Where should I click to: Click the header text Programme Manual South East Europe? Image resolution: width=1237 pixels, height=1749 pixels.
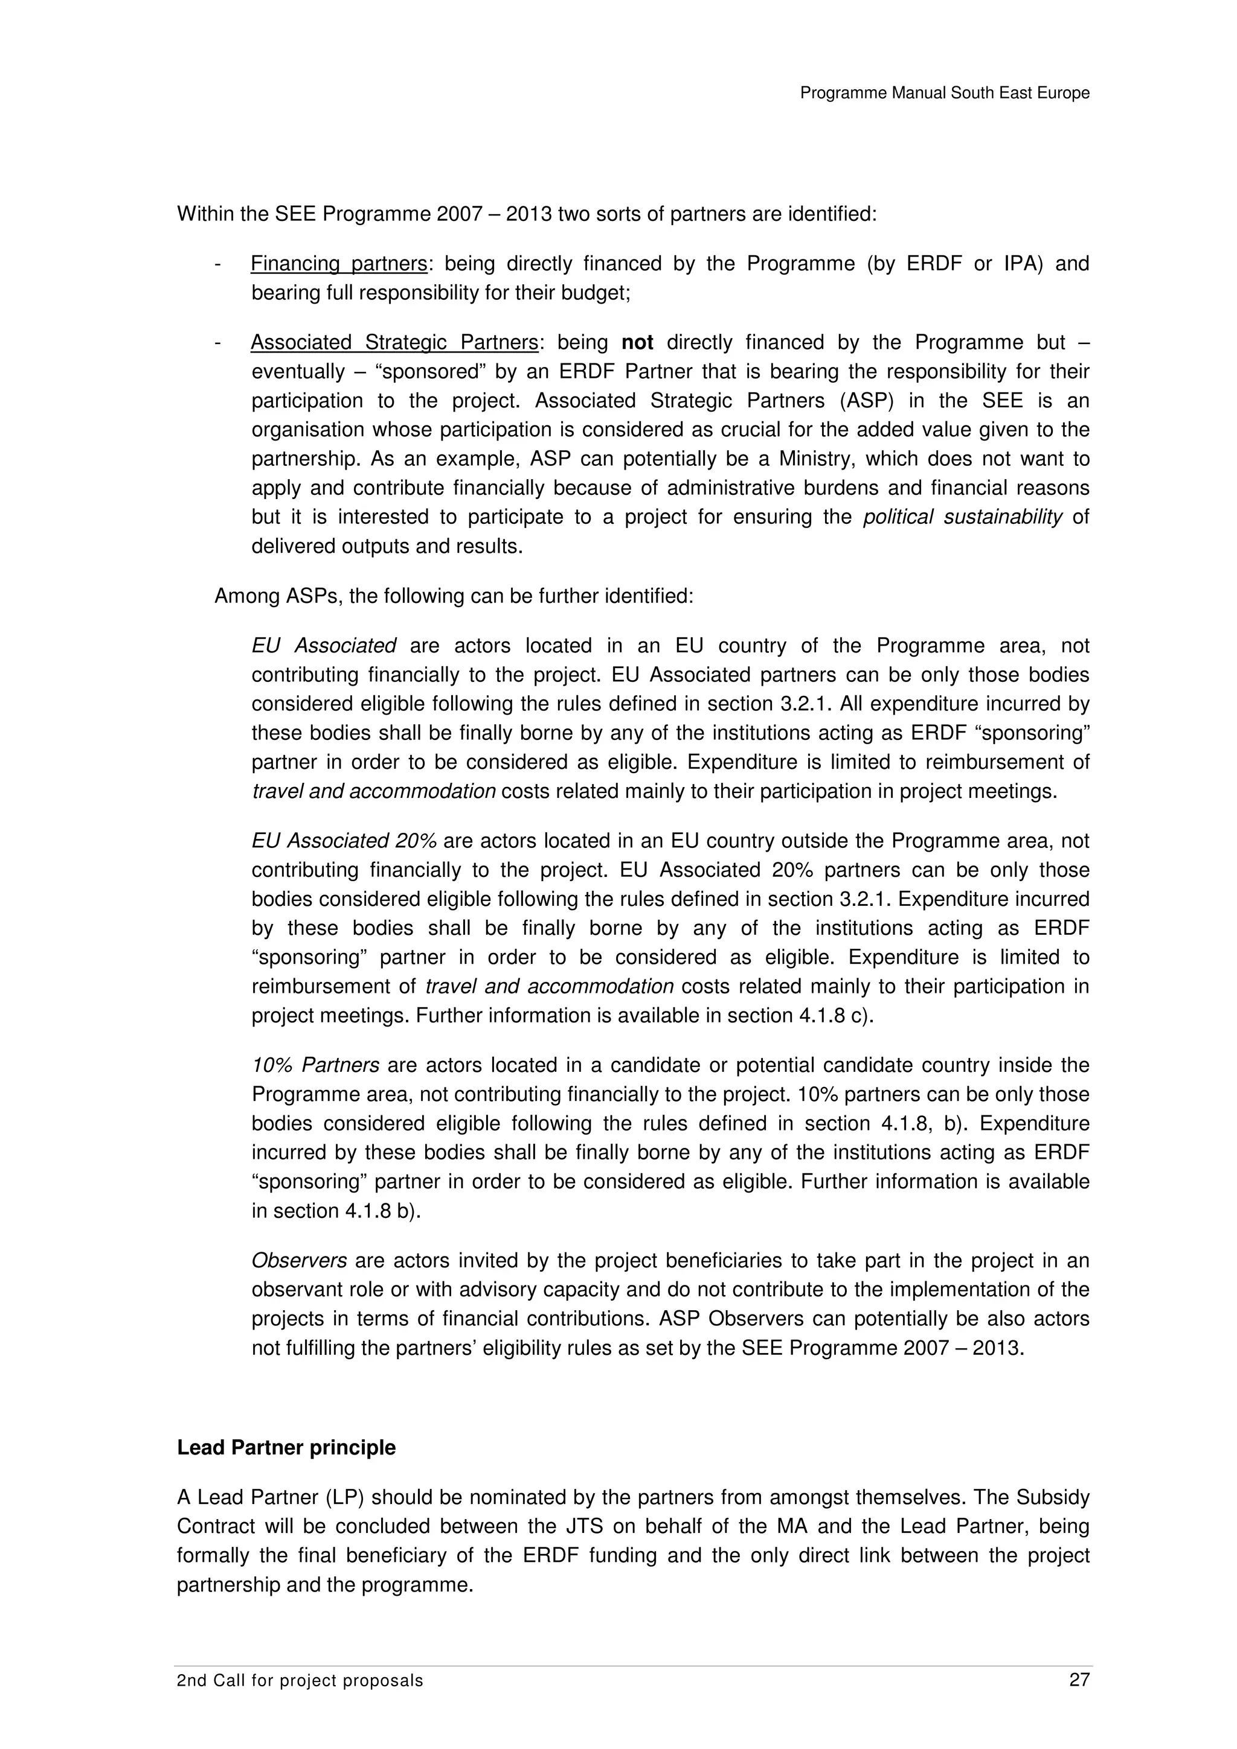coord(944,93)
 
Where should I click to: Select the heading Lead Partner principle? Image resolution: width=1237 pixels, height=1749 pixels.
coord(286,1447)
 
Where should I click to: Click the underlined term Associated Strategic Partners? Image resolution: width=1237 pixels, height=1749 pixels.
coord(394,343)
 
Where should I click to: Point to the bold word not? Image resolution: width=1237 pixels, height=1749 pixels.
coord(637,343)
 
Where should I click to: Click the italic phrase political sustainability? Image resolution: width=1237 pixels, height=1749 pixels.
coord(962,517)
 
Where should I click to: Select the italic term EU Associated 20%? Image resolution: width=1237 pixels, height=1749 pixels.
coord(344,841)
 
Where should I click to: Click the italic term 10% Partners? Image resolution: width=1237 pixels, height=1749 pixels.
coord(315,1065)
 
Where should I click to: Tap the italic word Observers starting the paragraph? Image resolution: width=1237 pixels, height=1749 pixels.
coord(299,1261)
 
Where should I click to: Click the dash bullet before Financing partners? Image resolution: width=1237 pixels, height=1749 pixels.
coord(218,264)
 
